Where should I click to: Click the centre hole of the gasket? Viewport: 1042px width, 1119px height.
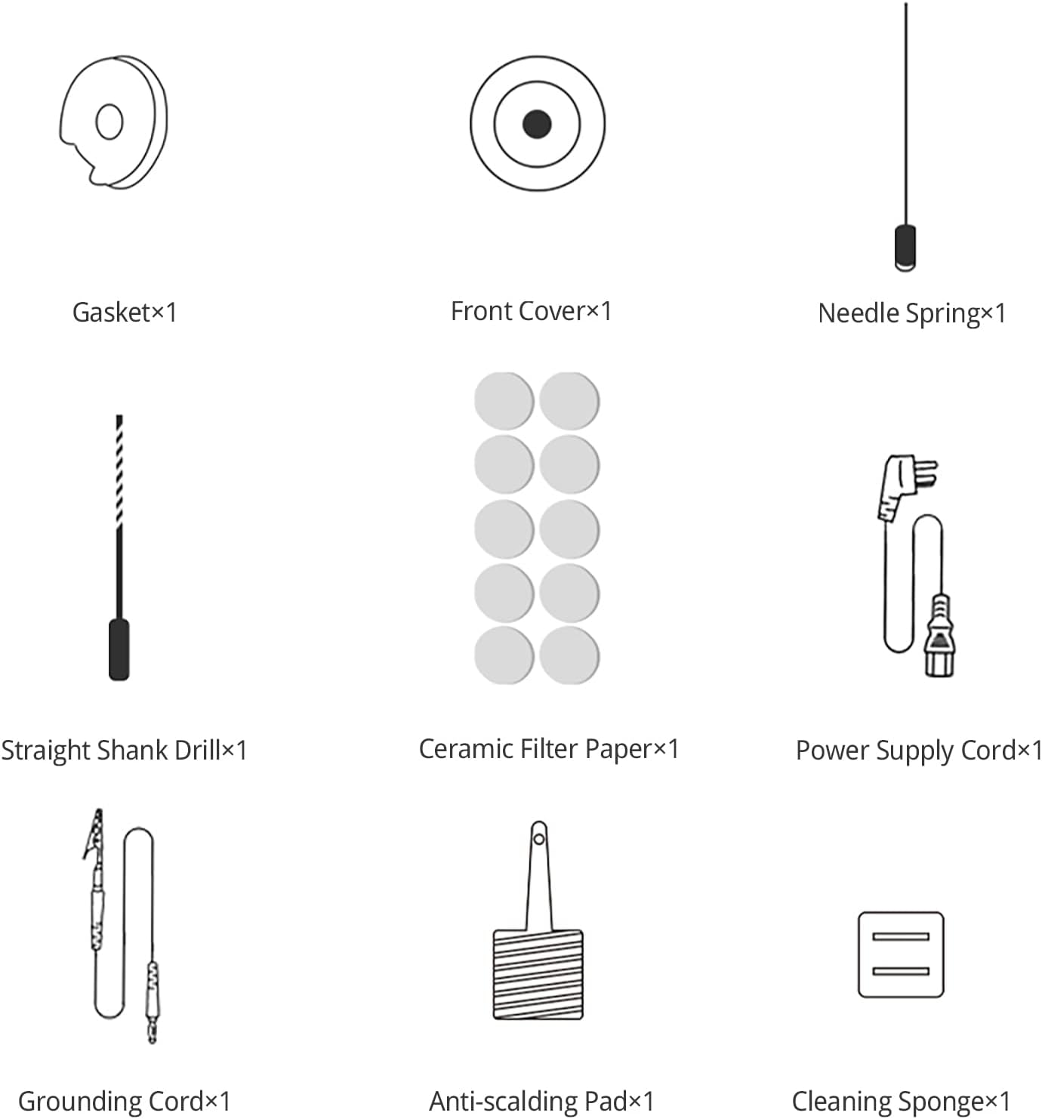109,121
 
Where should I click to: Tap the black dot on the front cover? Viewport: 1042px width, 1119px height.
537,124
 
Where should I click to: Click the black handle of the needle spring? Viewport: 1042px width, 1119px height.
905,248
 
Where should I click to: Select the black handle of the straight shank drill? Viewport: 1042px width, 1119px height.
119,649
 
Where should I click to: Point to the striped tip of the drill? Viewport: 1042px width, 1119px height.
119,472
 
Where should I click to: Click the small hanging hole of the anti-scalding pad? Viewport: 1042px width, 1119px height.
539,839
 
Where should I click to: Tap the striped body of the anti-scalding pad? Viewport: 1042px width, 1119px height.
538,974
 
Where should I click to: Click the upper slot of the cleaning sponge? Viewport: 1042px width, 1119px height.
901,936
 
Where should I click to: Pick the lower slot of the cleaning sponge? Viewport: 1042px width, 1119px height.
901,971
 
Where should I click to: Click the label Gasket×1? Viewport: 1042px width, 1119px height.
125,312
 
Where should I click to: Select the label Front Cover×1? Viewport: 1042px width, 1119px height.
531,311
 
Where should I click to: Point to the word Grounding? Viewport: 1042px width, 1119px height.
75,1101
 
